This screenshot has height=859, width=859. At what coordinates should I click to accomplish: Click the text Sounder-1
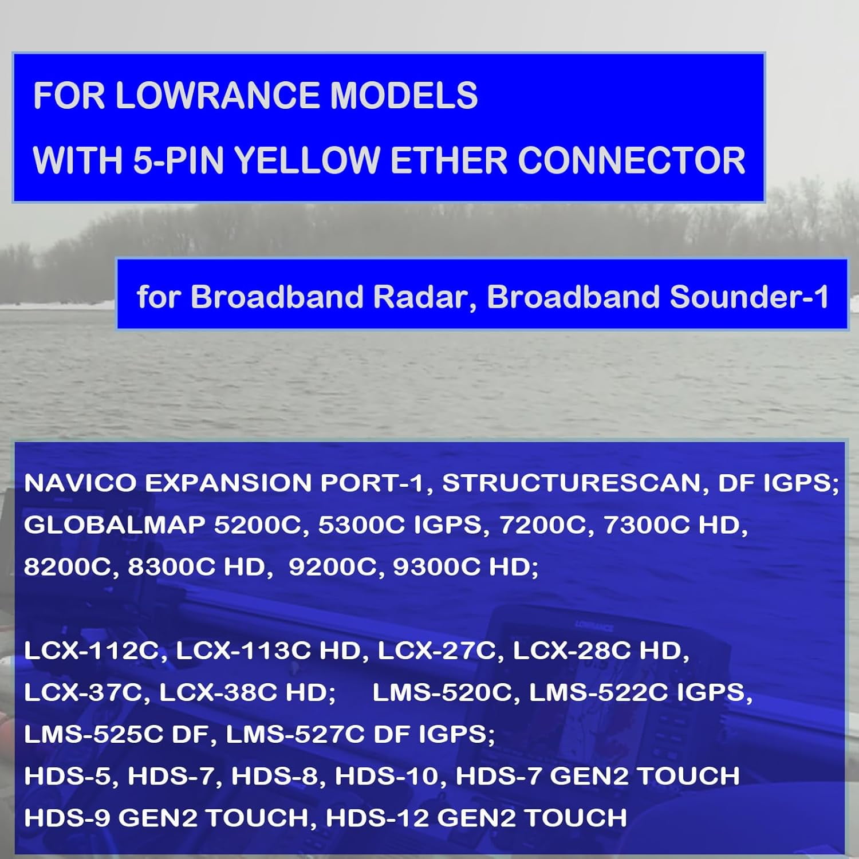pyautogui.click(x=748, y=297)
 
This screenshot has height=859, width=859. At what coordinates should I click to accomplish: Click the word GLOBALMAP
pyautogui.click(x=114, y=525)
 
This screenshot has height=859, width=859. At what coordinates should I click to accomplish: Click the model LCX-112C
pyautogui.click(x=91, y=651)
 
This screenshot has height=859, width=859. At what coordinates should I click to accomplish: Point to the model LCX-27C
pyautogui.click(x=437, y=651)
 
